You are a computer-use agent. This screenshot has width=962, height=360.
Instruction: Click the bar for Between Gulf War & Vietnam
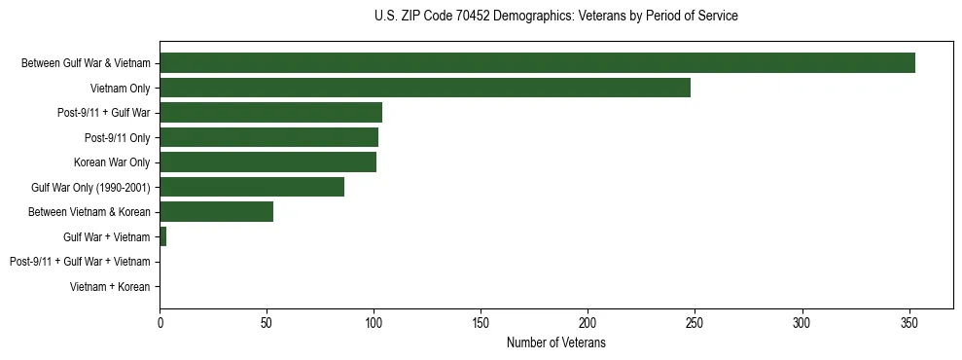pyautogui.click(x=537, y=63)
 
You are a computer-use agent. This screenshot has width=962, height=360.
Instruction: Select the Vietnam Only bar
pyautogui.click(x=425, y=88)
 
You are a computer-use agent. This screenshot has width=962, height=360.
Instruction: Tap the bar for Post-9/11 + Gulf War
pyautogui.click(x=270, y=113)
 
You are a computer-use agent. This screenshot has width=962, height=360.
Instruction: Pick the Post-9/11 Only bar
pyautogui.click(x=268, y=137)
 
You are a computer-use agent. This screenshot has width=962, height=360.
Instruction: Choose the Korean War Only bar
pyautogui.click(x=267, y=162)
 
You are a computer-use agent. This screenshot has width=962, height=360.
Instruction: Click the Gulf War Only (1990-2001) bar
pyautogui.click(x=252, y=187)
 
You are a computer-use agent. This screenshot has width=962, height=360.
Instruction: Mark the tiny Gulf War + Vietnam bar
pyautogui.click(x=163, y=236)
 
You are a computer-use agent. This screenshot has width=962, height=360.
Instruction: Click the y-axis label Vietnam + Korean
pyautogui.click(x=110, y=287)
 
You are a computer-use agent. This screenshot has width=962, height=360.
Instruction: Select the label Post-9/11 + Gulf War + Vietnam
pyautogui.click(x=80, y=262)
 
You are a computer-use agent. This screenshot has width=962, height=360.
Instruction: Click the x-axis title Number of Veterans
pyautogui.click(x=555, y=342)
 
